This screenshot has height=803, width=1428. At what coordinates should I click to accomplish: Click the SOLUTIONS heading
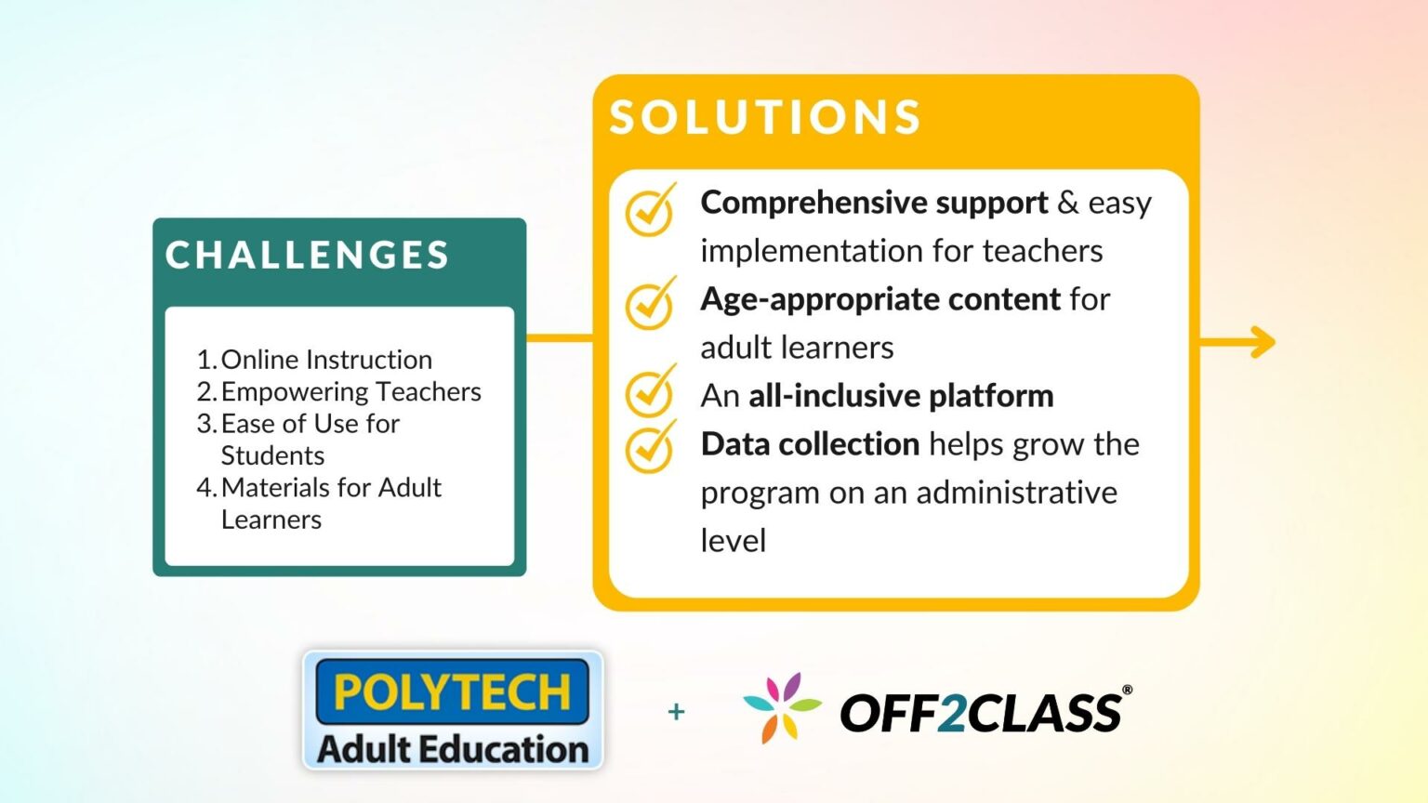tap(765, 118)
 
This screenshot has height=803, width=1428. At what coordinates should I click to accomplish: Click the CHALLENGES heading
tap(308, 256)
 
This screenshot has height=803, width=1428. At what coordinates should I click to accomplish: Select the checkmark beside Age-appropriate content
tap(650, 304)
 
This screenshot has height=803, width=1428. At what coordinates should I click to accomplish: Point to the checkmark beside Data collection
tap(650, 447)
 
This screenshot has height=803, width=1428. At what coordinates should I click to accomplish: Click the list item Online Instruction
tap(326, 360)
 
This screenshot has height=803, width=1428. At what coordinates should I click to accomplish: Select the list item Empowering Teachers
tap(350, 392)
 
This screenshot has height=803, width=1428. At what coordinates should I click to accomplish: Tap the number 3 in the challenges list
tap(205, 424)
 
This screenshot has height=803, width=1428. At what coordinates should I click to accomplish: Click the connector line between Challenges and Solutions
tap(559, 337)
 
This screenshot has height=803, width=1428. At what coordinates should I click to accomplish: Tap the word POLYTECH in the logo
tap(452, 692)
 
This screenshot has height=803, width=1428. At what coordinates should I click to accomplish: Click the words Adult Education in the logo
tap(453, 749)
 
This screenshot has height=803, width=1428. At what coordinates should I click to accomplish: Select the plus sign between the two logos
tap(676, 712)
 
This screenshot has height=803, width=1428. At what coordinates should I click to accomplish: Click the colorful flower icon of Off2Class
tap(782, 708)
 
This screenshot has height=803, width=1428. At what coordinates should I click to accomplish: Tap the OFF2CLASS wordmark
tap(980, 713)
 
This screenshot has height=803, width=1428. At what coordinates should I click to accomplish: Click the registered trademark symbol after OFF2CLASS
tap(1127, 691)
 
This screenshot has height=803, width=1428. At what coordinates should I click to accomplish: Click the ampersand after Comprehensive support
tap(1068, 203)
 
